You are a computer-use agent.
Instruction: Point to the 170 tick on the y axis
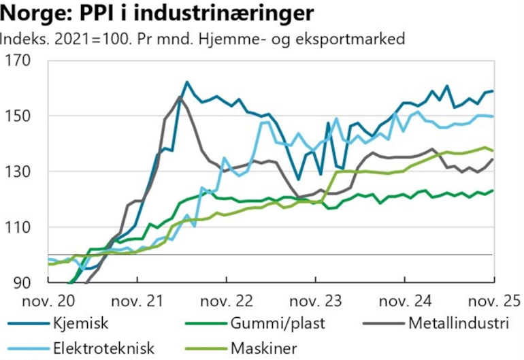(20, 61)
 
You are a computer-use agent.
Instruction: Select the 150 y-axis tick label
(20, 116)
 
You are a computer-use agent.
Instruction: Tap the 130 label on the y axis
(20, 171)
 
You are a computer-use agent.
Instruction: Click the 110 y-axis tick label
(20, 227)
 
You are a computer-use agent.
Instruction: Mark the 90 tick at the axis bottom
(23, 282)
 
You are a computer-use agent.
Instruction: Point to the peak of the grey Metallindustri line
(180, 97)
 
